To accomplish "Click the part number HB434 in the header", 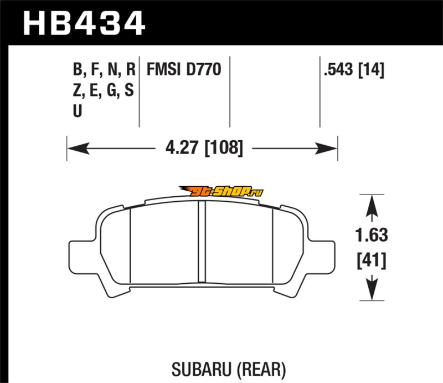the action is click(84, 23).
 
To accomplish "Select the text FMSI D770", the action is click(184, 69).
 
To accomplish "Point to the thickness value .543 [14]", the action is click(354, 70).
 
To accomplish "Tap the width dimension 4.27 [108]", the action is click(204, 147).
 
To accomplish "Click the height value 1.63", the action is click(371, 235).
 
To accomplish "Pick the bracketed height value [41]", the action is click(371, 261).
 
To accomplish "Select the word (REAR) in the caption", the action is click(261, 369).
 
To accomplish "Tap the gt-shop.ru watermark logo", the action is click(221, 191).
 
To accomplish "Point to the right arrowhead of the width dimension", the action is click(326, 148).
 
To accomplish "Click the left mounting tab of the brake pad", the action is click(83, 256).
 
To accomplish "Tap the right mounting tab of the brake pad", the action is click(321, 256).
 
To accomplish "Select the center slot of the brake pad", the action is click(202, 242).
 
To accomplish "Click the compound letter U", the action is click(78, 111).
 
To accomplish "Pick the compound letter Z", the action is click(77, 90).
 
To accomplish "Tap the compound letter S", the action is click(129, 90).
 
